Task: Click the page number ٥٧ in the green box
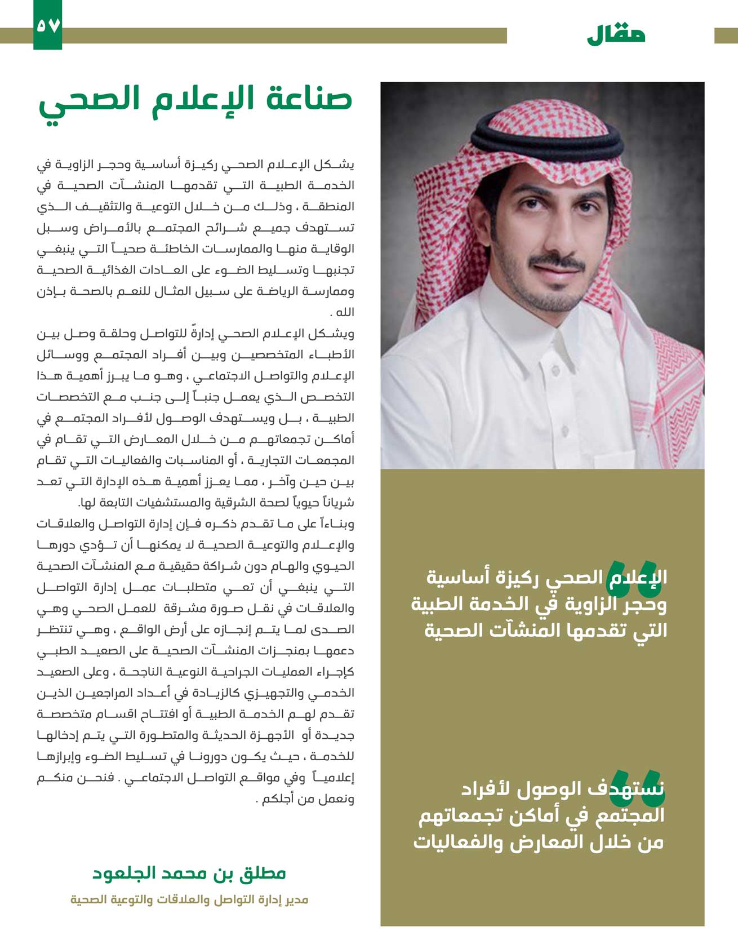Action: pyautogui.click(x=47, y=25)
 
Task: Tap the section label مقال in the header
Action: pyautogui.click(x=616, y=35)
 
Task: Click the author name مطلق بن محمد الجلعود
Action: pyautogui.click(x=189, y=873)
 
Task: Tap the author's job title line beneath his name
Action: pyautogui.click(x=189, y=899)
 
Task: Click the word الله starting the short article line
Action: pyautogui.click(x=344, y=313)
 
